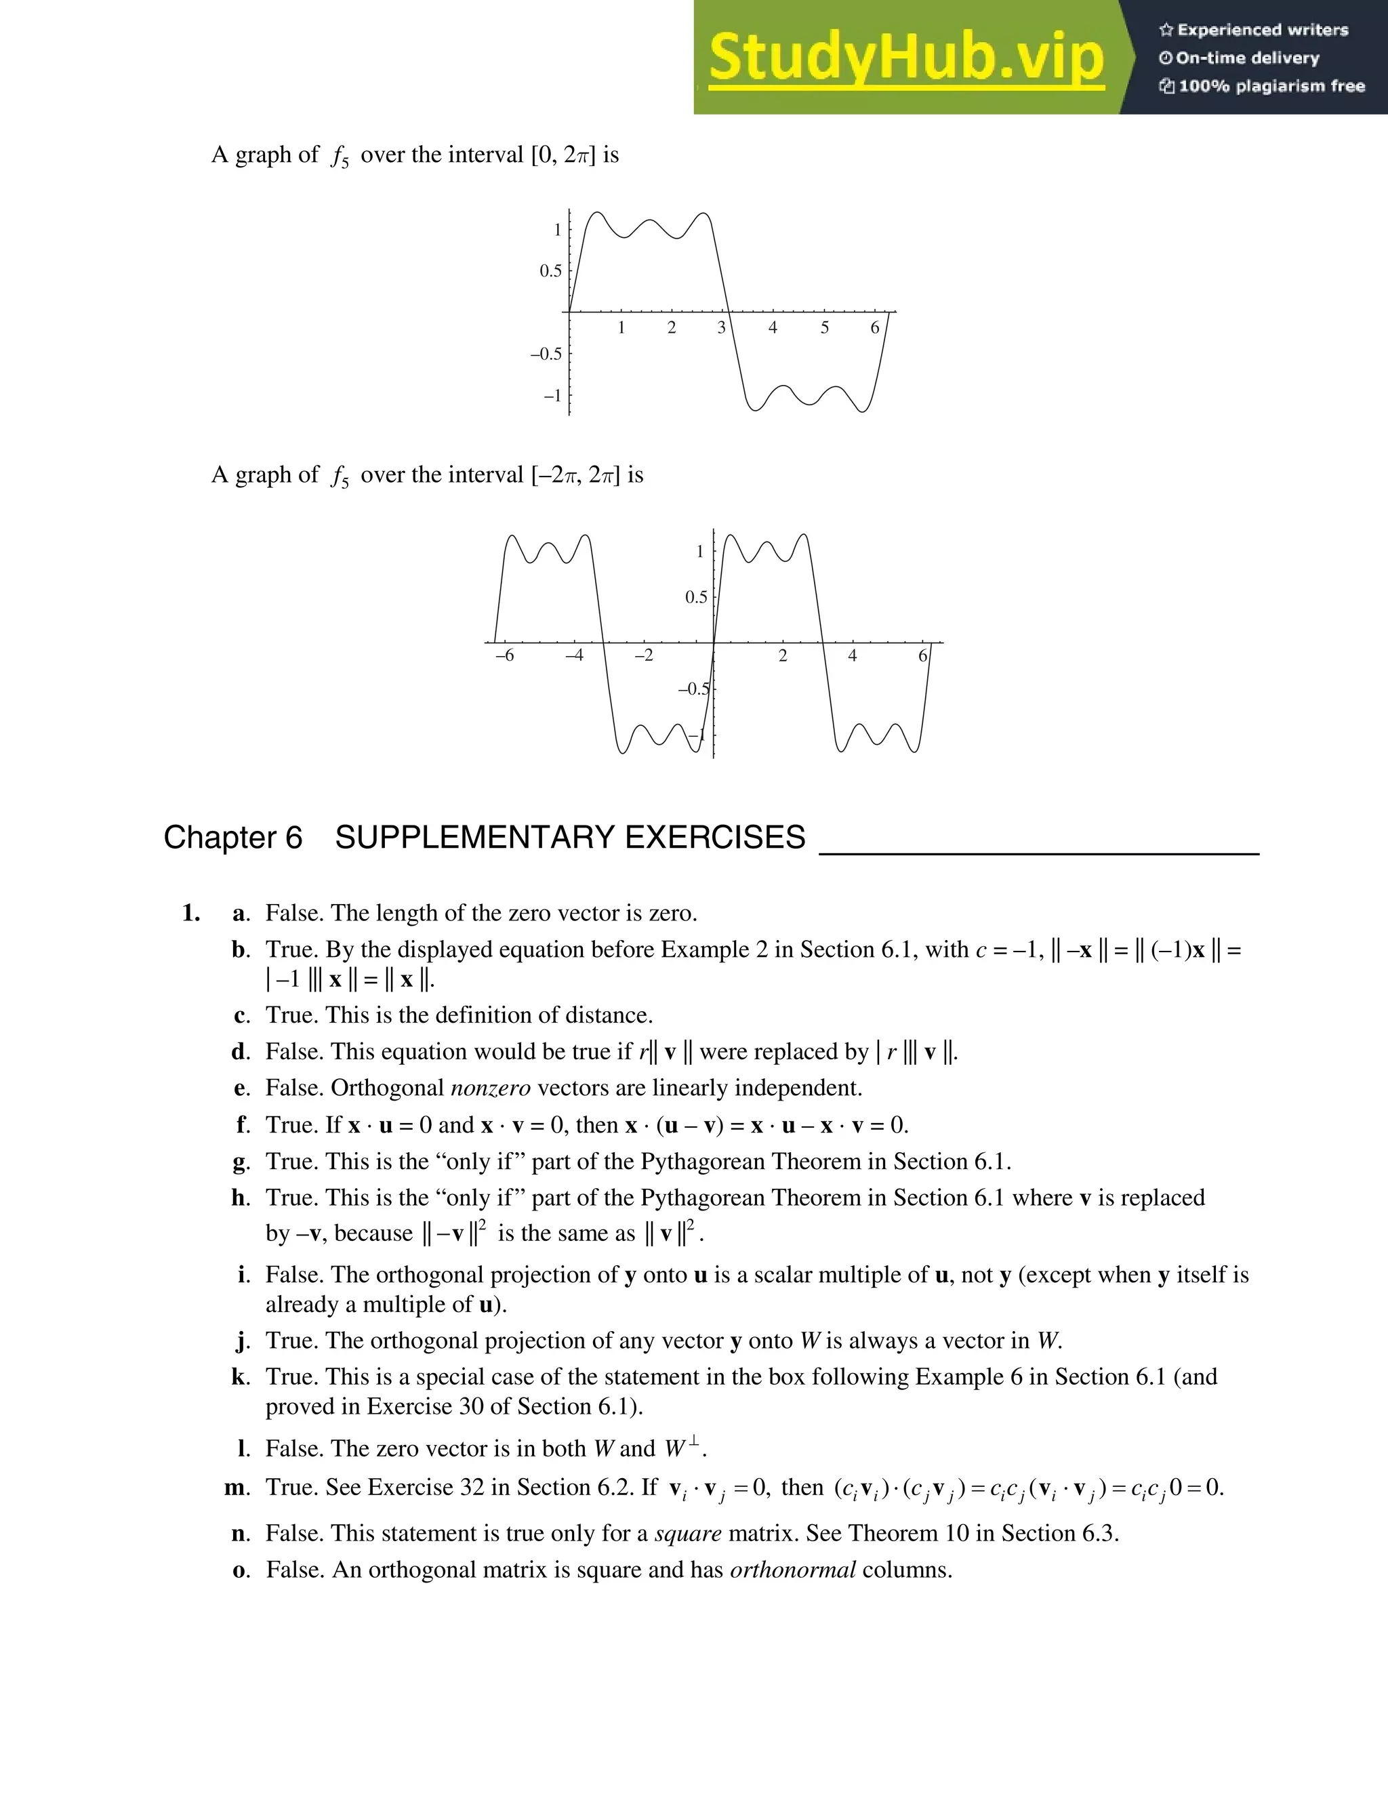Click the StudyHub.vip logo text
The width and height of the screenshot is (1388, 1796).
point(905,58)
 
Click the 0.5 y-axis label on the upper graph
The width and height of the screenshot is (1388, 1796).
point(550,271)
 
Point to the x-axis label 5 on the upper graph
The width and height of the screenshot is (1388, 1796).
point(825,328)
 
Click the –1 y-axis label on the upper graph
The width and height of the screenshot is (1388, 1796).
point(552,396)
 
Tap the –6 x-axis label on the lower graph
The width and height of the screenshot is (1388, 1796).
point(505,655)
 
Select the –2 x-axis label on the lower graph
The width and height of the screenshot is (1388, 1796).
point(644,655)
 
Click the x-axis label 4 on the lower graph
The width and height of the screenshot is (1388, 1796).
point(853,655)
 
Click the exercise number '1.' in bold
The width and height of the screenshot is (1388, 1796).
point(190,913)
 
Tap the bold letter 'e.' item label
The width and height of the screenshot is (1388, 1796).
point(241,1088)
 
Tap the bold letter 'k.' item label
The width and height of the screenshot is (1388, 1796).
point(240,1376)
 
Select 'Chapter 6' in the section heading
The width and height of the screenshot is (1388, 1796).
point(232,837)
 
